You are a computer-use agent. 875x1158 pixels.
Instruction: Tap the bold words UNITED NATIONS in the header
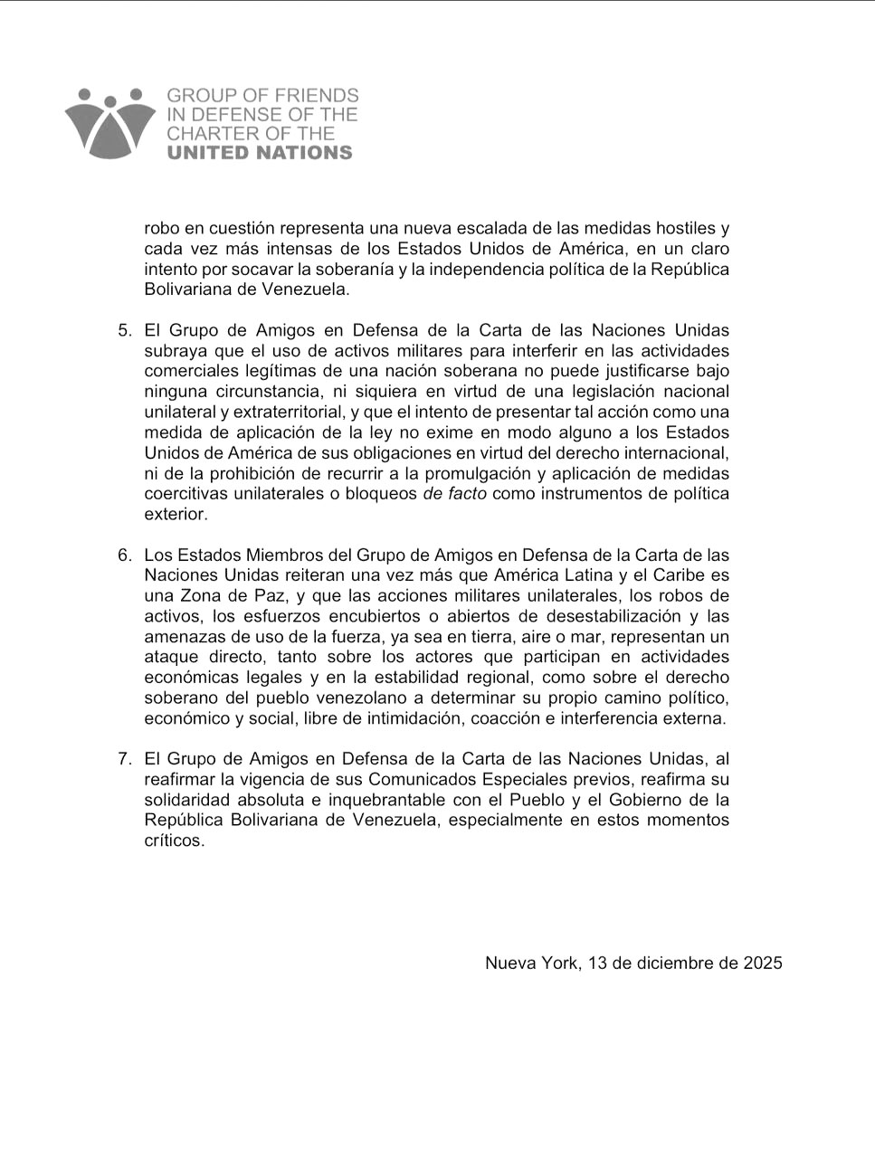pyautogui.click(x=260, y=153)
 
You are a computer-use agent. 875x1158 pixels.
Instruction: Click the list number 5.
pyautogui.click(x=125, y=330)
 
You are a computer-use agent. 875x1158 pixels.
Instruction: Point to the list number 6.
pyautogui.click(x=125, y=555)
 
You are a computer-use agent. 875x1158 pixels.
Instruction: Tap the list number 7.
pyautogui.click(x=125, y=759)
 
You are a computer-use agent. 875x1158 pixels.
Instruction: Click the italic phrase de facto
pyautogui.click(x=454, y=494)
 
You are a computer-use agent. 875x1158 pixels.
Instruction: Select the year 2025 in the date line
pyautogui.click(x=763, y=963)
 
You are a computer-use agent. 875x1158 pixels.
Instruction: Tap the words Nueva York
pyautogui.click(x=530, y=963)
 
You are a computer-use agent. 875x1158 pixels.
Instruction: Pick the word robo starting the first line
pyautogui.click(x=162, y=228)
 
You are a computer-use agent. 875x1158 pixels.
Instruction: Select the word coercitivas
pyautogui.click(x=186, y=494)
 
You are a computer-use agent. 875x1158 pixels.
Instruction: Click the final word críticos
pyautogui.click(x=174, y=840)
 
